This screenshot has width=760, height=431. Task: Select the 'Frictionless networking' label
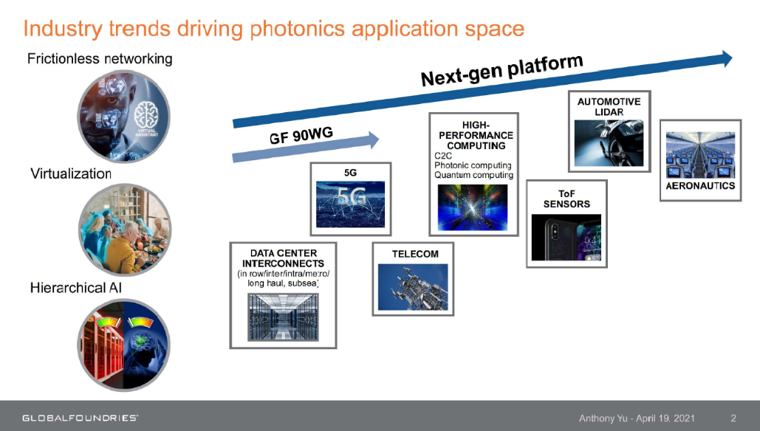point(100,58)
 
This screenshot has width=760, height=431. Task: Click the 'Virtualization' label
point(71,173)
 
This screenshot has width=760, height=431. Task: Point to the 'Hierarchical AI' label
point(76,288)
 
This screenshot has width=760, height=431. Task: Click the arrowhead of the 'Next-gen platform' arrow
point(727,58)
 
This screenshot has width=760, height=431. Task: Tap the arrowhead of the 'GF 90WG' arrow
point(374,139)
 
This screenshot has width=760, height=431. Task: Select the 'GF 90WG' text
point(301,136)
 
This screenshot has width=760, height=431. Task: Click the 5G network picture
point(350,204)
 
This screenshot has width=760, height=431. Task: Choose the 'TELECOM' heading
point(415,254)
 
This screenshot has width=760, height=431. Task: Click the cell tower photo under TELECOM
point(413,287)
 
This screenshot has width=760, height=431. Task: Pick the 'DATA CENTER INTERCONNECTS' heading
point(283,258)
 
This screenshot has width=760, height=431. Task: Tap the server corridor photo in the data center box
point(283,317)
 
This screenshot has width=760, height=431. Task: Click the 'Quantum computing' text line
point(473,176)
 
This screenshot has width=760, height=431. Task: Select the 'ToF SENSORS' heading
point(566,199)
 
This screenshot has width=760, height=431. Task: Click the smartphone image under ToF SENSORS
point(566,238)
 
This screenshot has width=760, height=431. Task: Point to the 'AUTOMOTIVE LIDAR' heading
point(609,106)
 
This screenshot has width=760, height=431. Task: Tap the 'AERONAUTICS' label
point(700,186)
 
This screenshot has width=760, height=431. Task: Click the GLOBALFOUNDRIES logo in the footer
point(80,418)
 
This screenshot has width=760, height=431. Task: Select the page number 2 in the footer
point(733,418)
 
